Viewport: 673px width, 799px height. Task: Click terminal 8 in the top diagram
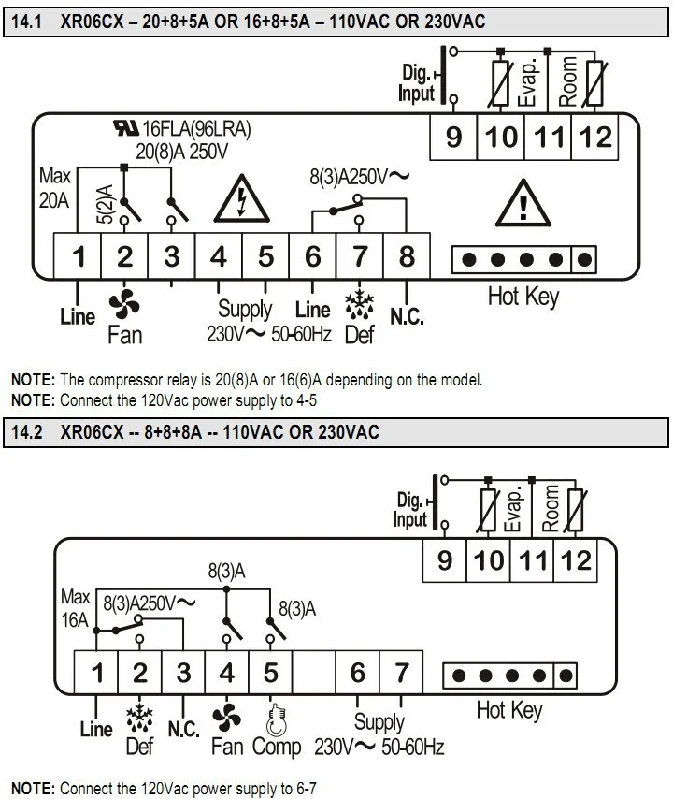tap(406, 254)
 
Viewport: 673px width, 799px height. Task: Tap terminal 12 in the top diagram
tap(594, 137)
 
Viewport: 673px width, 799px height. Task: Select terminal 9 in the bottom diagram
tap(445, 559)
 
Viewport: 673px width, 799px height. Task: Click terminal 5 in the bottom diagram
tap(270, 671)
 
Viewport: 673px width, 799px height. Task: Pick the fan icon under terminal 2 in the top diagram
tap(123, 302)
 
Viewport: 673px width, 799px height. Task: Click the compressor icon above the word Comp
tap(273, 717)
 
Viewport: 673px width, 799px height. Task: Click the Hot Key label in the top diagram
tap(523, 297)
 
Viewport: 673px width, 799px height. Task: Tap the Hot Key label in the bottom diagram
tap(508, 710)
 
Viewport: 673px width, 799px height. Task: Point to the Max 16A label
tap(75, 606)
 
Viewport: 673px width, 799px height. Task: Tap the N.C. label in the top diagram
tap(407, 316)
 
